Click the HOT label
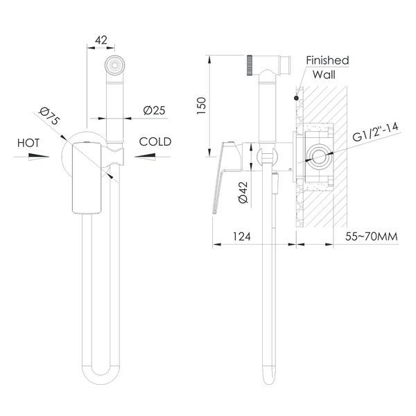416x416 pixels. click(28, 143)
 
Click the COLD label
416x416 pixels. click(155, 141)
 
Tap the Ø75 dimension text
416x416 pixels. click(49, 116)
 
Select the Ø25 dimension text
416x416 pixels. click(154, 110)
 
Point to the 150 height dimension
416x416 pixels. click(201, 105)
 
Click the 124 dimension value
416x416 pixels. click(242, 236)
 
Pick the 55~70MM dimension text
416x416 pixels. click(372, 236)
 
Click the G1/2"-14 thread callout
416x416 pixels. click(376, 132)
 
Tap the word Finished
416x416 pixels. click(327, 60)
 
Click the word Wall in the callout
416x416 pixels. click(324, 75)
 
